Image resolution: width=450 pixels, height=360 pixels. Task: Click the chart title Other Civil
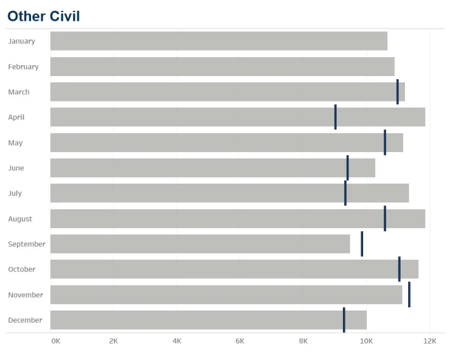tap(44, 16)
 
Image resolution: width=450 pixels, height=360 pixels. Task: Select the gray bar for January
tap(219, 41)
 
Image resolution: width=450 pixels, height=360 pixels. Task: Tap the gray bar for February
tap(222, 67)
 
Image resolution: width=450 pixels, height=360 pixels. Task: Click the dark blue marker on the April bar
tap(335, 117)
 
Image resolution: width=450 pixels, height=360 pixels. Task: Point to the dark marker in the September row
tap(362, 244)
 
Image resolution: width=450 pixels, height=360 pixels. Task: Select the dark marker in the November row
tap(409, 295)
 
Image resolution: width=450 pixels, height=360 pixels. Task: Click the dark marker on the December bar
tap(344, 320)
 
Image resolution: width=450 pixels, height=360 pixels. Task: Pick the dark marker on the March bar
tap(397, 92)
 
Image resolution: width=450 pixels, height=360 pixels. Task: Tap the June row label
tap(16, 168)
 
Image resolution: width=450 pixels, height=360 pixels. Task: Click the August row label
tap(20, 219)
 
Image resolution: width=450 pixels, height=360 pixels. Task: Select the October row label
tap(22, 269)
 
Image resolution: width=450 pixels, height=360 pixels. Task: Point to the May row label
tap(15, 143)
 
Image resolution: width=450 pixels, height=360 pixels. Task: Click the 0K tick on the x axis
tap(56, 341)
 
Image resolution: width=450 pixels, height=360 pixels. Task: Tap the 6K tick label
tap(240, 341)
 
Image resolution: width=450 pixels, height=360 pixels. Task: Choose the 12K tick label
tap(430, 341)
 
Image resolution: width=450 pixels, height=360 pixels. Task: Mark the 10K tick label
tap(366, 341)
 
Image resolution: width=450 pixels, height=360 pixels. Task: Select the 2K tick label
tap(113, 341)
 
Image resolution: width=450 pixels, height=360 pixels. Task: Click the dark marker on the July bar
tap(345, 193)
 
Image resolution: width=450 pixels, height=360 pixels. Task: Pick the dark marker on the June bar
tap(347, 168)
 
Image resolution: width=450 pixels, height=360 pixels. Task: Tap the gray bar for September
tap(200, 244)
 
